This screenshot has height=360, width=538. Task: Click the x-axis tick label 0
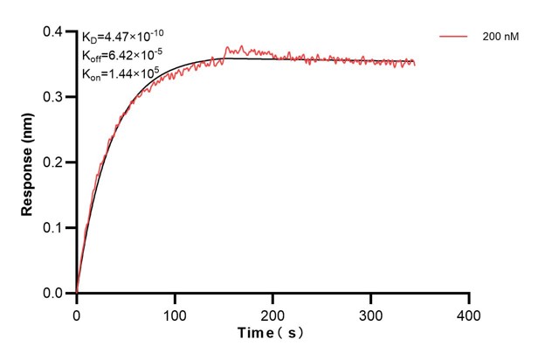[77, 313]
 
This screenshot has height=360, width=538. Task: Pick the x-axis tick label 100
[175, 313]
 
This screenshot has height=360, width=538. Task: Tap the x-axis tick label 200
[273, 313]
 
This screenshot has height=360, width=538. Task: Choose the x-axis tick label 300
[371, 313]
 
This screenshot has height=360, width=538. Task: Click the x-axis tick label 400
[469, 313]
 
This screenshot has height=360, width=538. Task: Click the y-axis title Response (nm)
[29, 163]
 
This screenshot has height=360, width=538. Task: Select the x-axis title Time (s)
[272, 334]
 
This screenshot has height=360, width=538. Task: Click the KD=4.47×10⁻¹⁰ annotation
[123, 36]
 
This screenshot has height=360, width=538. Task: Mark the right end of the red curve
[415, 64]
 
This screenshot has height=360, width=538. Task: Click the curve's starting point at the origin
[77, 293]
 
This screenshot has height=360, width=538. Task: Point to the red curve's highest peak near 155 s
[229, 47]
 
